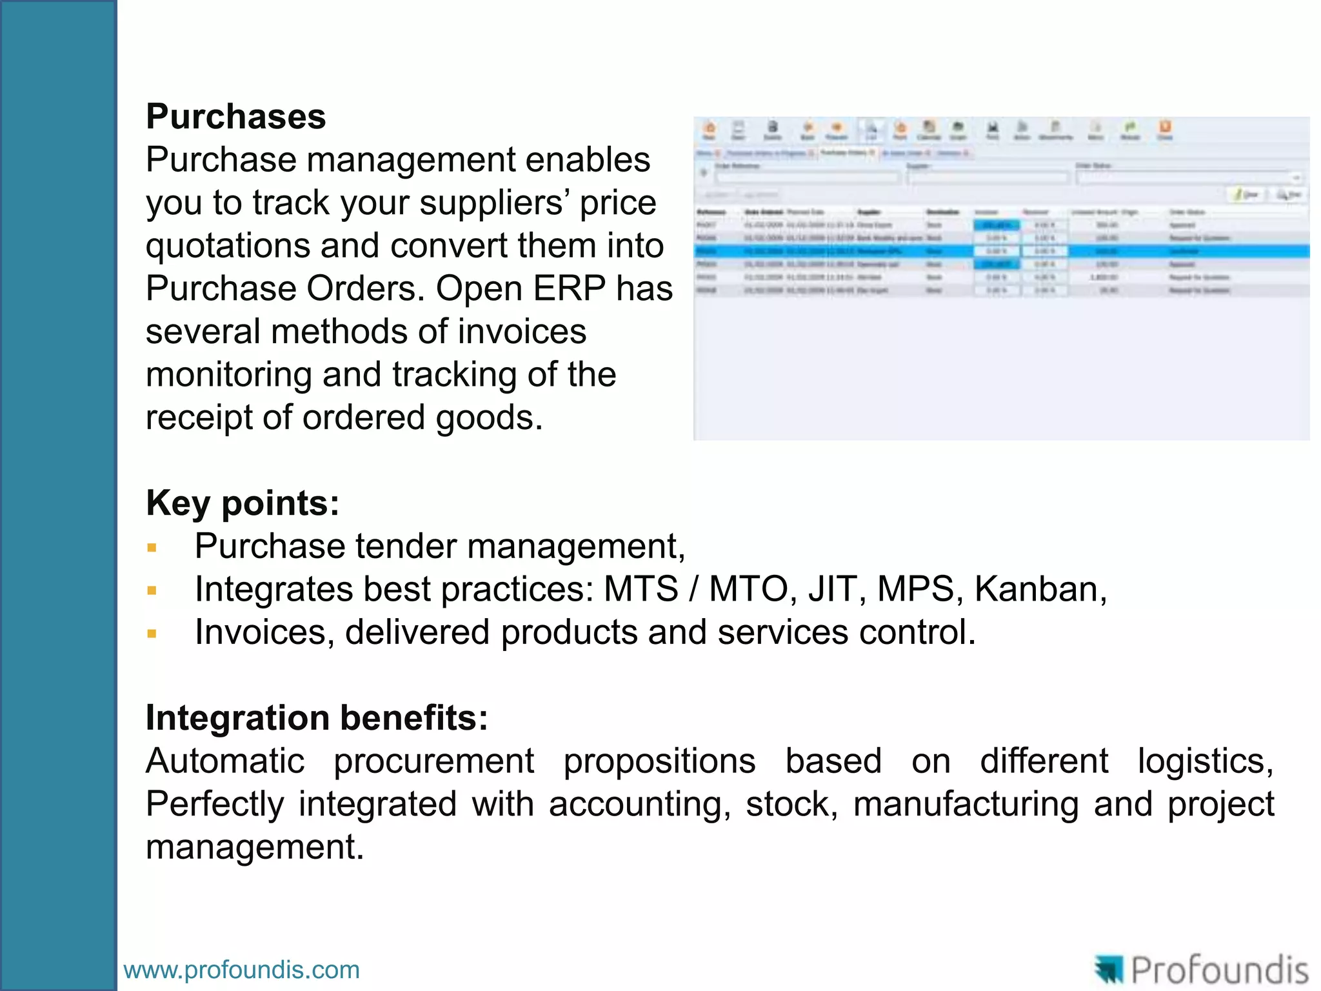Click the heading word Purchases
tap(235, 117)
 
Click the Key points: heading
tap(242, 503)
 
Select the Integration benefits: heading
tap(317, 717)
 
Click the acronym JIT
tap(832, 589)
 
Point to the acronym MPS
tap(915, 589)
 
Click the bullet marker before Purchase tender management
tap(152, 548)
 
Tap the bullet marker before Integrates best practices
tap(152, 590)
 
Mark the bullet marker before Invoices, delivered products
tap(152, 634)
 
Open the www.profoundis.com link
tap(241, 970)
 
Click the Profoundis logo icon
tap(1109, 970)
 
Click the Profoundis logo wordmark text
tap(1218, 970)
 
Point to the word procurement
tap(433, 761)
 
